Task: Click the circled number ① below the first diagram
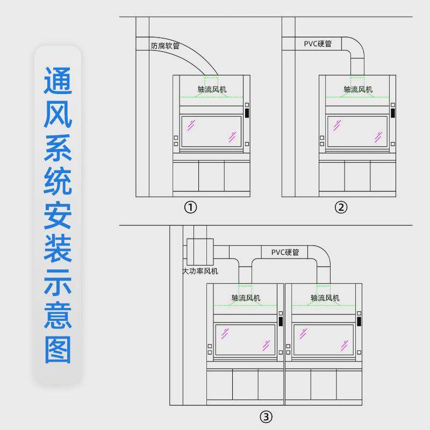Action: tap(191, 207)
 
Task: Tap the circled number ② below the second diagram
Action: tap(341, 207)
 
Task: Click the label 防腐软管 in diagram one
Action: tap(165, 46)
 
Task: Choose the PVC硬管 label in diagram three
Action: tap(285, 252)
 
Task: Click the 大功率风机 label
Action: tap(200, 271)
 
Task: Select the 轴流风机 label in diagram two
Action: tap(358, 89)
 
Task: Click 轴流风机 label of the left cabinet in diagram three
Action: tap(246, 298)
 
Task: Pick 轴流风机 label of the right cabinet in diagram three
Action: tap(325, 298)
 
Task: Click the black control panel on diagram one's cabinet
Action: tap(247, 113)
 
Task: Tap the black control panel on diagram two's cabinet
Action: tap(393, 113)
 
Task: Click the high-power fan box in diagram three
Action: tap(200, 250)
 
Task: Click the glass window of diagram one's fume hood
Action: tap(211, 131)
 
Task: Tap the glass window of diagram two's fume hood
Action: tap(357, 131)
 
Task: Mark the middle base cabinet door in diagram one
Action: tap(211, 176)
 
